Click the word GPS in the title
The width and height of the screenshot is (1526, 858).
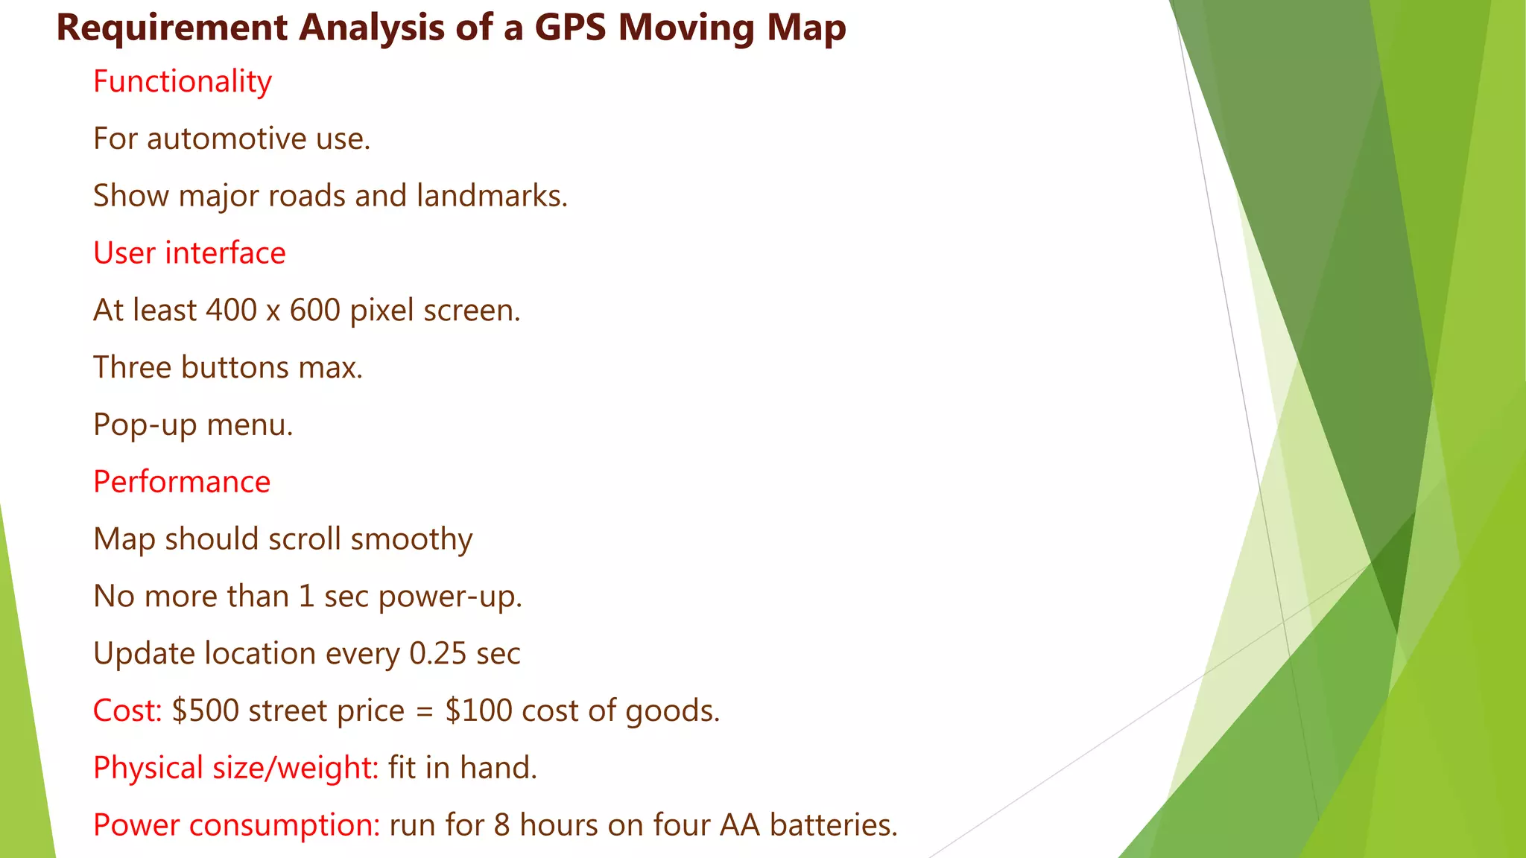pos(571,28)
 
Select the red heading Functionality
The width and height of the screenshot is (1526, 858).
pos(183,81)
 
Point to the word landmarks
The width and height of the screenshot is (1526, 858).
pos(492,196)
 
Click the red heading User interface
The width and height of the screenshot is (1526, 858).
pos(189,253)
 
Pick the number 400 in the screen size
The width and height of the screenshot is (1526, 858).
pos(232,310)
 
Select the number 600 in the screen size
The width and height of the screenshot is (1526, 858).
pos(315,310)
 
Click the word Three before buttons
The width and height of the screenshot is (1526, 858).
pos(132,367)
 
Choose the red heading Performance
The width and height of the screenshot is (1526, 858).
pos(182,482)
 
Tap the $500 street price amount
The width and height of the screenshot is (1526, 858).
pos(206,711)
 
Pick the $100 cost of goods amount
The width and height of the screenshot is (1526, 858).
pos(479,711)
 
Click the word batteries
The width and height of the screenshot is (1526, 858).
pos(834,825)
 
